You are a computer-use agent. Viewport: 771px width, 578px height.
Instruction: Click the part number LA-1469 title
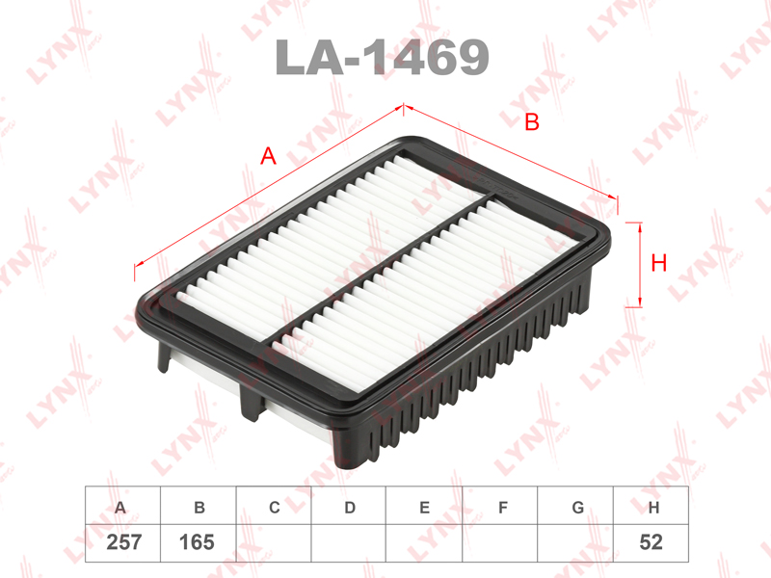382,57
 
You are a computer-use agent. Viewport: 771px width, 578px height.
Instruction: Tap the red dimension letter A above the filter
268,156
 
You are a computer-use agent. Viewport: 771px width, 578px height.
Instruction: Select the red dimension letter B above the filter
532,122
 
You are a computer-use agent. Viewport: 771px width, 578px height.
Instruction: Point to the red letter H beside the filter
658,263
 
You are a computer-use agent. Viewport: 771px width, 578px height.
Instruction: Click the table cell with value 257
123,542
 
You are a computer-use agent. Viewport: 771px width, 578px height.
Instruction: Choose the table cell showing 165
198,542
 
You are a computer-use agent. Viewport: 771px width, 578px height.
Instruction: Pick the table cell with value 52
651,542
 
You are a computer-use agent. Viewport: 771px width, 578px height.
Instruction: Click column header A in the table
120,508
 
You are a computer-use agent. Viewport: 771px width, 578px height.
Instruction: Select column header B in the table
199,508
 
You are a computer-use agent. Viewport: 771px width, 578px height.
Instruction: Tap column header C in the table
275,508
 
